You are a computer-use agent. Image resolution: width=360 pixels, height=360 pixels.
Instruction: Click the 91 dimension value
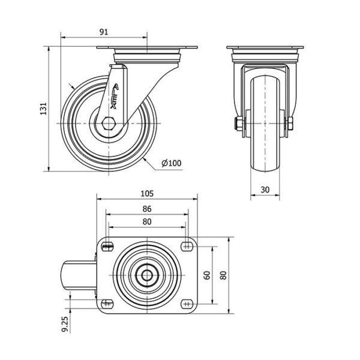pos(104,32)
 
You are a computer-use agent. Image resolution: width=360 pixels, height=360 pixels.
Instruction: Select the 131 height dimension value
pos(43,109)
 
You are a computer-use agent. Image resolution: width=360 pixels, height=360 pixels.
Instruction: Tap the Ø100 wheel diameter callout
pos(171,163)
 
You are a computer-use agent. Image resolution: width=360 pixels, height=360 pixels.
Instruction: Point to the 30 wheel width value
pos(265,190)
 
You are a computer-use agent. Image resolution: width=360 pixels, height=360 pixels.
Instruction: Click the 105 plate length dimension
pos(147,194)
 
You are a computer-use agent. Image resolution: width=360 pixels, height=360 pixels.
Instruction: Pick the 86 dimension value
pos(147,209)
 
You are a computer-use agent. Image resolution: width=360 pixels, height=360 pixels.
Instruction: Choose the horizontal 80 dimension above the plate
pos(147,221)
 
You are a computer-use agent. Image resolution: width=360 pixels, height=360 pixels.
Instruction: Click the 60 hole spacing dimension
pos(207,275)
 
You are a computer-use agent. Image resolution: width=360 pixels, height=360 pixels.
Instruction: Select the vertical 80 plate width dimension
pos(223,275)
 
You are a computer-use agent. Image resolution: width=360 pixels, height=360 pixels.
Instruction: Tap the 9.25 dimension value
pos(65,324)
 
